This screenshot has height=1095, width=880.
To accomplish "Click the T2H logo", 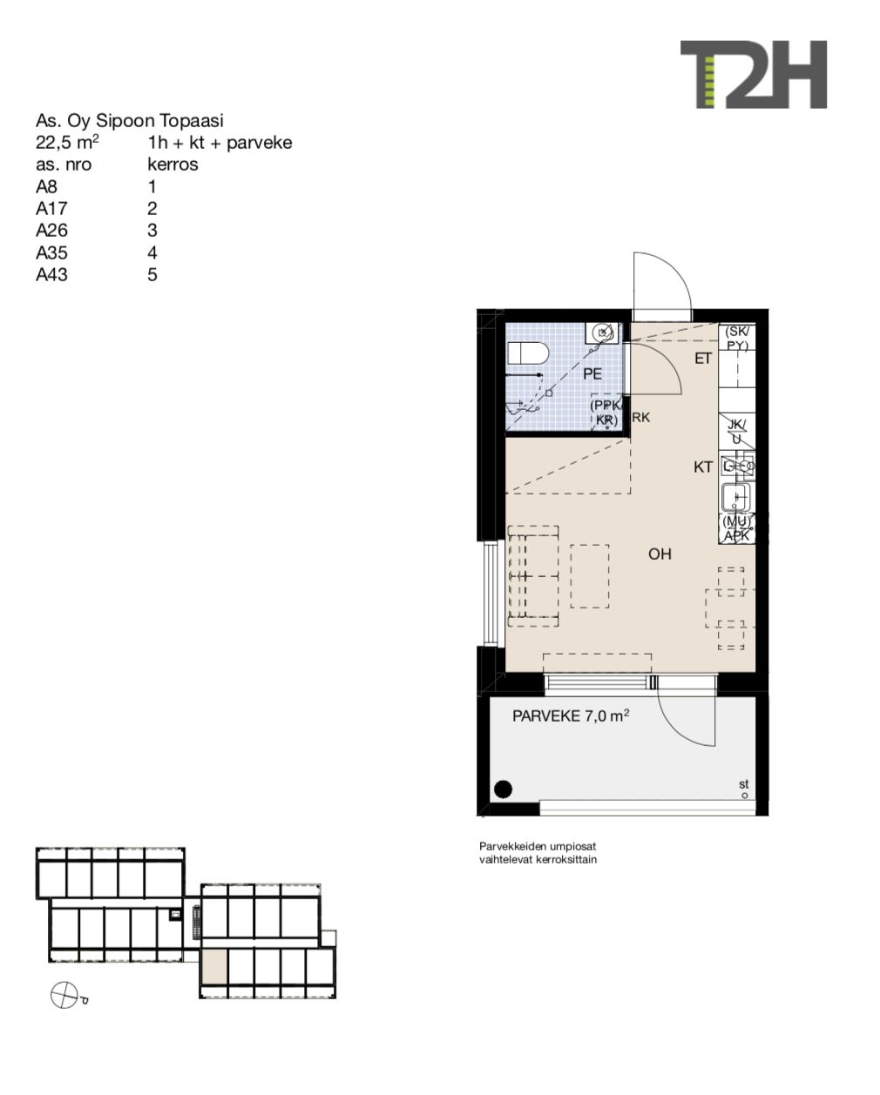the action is (x=753, y=74).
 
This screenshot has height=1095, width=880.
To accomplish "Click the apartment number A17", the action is (x=51, y=209).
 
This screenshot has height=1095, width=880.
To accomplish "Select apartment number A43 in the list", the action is (x=51, y=275).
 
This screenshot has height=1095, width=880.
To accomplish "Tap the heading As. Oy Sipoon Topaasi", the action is (x=129, y=121).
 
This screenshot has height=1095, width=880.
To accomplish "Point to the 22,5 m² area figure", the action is (x=67, y=143).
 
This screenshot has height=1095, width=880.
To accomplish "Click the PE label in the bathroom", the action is (x=592, y=374).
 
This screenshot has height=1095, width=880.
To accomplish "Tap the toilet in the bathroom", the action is (x=528, y=353).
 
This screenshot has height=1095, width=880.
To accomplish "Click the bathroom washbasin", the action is (x=602, y=333).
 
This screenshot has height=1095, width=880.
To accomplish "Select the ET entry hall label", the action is (x=703, y=359).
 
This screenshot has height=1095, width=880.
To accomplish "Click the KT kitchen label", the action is (x=703, y=467).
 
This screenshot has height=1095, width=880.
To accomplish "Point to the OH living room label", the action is (x=660, y=554).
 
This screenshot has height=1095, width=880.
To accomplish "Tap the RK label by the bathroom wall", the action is (x=641, y=417).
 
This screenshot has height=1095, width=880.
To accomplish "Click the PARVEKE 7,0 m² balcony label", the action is (x=571, y=715).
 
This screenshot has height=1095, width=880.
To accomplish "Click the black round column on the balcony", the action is (x=503, y=789).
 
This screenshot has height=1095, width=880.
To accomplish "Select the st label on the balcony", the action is (x=743, y=784).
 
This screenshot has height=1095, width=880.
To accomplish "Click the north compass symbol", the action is (x=64, y=995).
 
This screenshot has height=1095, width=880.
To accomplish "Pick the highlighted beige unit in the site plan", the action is (x=214, y=967).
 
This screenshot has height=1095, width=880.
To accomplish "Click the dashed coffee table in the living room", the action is (x=590, y=576).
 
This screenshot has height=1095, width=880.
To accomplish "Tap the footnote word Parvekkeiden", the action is (x=512, y=847).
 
